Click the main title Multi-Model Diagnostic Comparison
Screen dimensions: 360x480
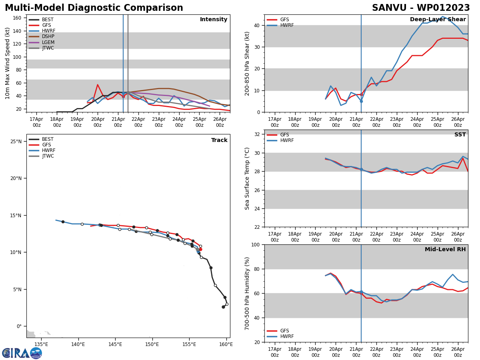(x=94, y=8)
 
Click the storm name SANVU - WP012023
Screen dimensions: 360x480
(x=421, y=8)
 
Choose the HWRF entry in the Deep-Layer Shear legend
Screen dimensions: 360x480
(x=286, y=25)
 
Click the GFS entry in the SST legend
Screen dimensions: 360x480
(x=284, y=135)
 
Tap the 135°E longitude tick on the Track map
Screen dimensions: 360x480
(x=41, y=344)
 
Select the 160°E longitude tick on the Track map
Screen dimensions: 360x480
(x=226, y=344)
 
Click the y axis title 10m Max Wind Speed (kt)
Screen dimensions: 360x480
(x=8, y=63)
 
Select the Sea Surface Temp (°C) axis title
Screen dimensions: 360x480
(x=247, y=178)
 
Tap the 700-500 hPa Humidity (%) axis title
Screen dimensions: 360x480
(x=247, y=293)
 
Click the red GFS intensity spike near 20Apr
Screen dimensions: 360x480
(x=98, y=85)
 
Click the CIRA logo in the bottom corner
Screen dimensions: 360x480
(x=22, y=353)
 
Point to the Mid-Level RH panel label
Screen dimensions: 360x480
(x=445, y=250)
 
